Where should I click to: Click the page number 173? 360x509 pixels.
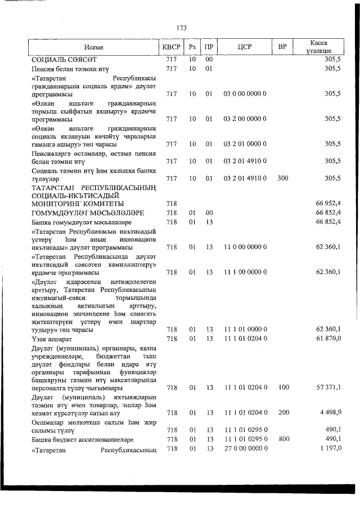pos(181,28)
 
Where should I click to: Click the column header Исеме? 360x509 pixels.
pos(94,47)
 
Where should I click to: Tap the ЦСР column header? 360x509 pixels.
pos(244,47)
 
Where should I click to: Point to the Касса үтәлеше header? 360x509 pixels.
pos(318,47)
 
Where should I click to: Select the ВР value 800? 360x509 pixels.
pos(283,439)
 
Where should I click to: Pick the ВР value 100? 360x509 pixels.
pos(283,388)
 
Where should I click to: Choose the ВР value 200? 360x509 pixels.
pos(283,413)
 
